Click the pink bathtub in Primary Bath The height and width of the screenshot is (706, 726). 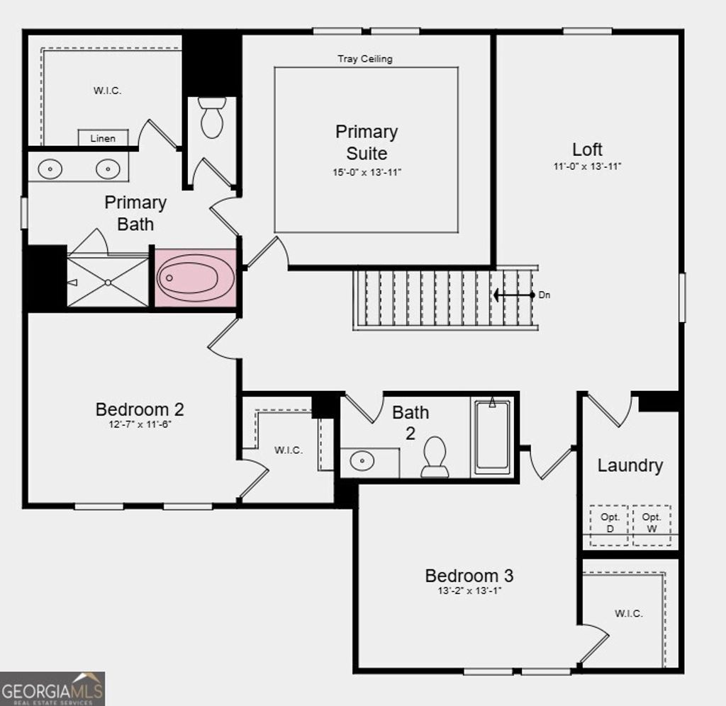pyautogui.click(x=196, y=278)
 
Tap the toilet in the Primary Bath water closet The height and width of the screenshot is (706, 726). pyautogui.click(x=211, y=118)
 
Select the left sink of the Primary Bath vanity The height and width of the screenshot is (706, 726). pyautogui.click(x=50, y=169)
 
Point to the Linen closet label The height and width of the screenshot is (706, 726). pyautogui.click(x=103, y=138)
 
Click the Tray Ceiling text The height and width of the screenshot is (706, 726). pyautogui.click(x=364, y=59)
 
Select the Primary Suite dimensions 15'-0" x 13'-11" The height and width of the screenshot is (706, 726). pyautogui.click(x=367, y=172)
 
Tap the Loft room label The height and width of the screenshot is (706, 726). pyautogui.click(x=587, y=149)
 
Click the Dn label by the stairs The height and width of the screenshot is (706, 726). pyautogui.click(x=544, y=295)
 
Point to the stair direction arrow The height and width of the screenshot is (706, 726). pyautogui.click(x=514, y=295)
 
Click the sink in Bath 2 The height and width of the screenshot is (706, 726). pyautogui.click(x=362, y=462)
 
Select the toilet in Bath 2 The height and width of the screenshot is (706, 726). pyautogui.click(x=435, y=457)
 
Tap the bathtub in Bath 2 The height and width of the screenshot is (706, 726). pyautogui.click(x=492, y=437)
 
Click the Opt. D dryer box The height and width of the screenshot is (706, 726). pyautogui.click(x=610, y=525)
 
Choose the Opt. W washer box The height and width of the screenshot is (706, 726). pyautogui.click(x=652, y=525)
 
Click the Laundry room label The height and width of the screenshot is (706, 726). pyautogui.click(x=630, y=465)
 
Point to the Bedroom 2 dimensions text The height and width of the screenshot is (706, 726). pyautogui.click(x=140, y=425)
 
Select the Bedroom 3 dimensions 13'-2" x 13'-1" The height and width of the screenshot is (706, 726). pyautogui.click(x=469, y=591)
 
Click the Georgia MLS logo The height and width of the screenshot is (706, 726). pyautogui.click(x=52, y=688)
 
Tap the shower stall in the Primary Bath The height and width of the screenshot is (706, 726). pyautogui.click(x=108, y=282)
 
